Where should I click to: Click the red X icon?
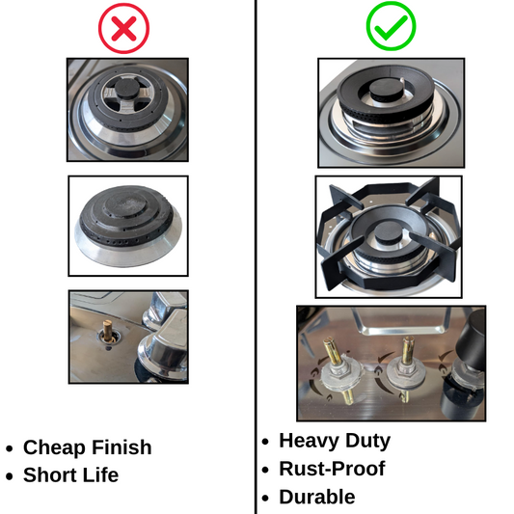coord(123,29)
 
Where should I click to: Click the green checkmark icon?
coord(392,26)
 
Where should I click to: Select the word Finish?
coord(122,446)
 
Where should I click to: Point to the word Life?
coord(100,474)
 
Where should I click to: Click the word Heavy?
coord(309,441)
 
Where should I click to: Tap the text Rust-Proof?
coord(332,468)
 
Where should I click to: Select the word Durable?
coord(317,497)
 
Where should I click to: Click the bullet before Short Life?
coord(10,476)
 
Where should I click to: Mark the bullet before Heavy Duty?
coord(265,442)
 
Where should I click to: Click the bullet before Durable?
coord(265,498)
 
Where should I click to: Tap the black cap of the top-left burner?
coord(126,88)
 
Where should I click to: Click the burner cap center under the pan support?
coord(388,233)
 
